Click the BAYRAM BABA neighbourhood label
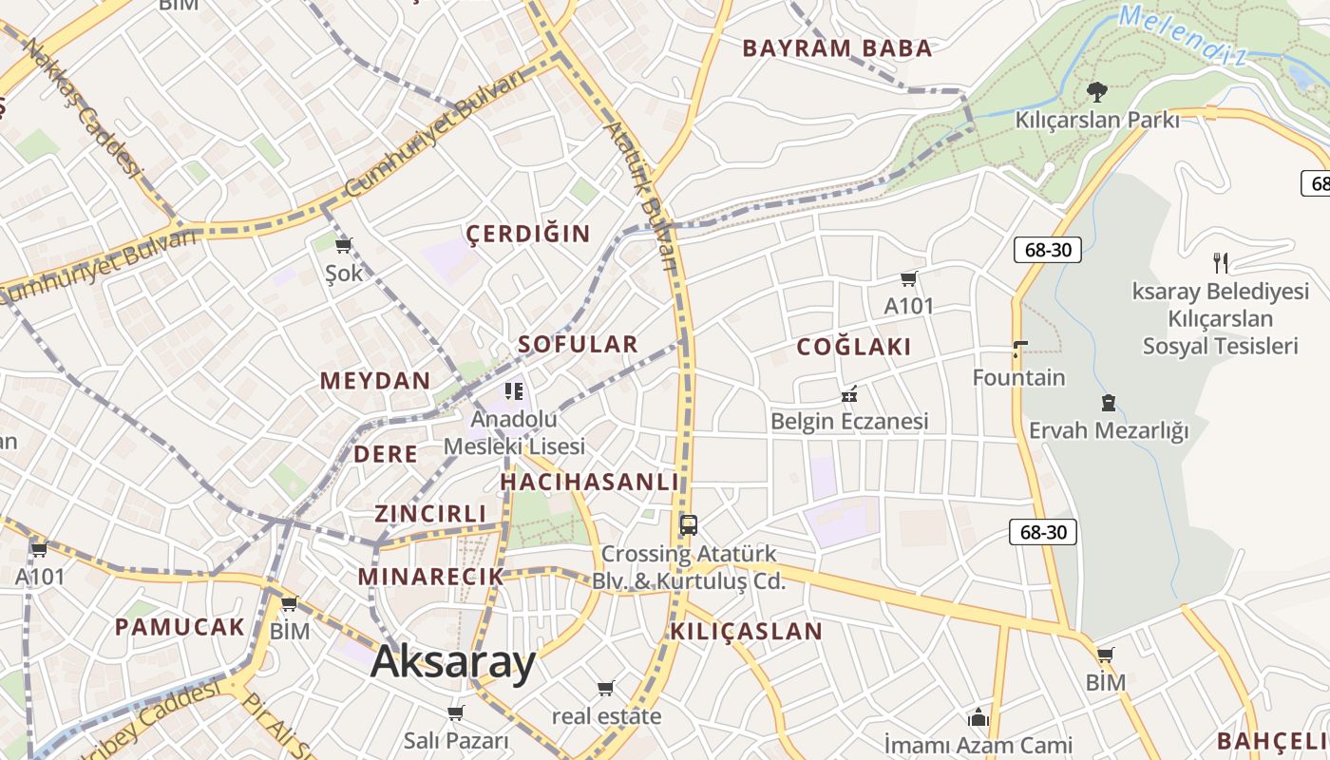pos(837,48)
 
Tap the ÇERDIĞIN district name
pos(528,234)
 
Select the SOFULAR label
pos(578,344)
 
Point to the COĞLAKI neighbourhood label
pos(854,347)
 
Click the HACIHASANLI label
pos(590,482)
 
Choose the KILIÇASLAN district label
pos(747,631)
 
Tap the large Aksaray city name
pos(453,661)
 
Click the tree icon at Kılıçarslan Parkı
pos(1097,92)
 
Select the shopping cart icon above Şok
pos(344,246)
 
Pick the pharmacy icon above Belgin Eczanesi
pos(849,393)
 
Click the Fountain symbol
pos(1019,350)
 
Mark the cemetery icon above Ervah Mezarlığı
pos(1108,403)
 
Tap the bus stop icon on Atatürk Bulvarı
pos(689,524)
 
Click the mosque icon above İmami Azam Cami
pos(978,717)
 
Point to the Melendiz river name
pos(1182,34)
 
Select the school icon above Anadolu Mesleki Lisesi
pos(514,390)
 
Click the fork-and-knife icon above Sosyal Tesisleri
pos(1221,262)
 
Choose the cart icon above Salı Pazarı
pos(456,712)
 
